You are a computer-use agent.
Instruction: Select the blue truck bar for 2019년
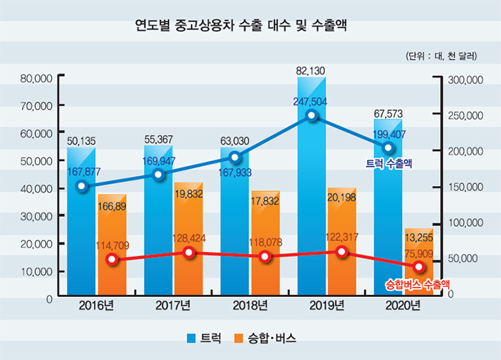[311, 215]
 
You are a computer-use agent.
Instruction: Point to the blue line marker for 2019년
[311, 115]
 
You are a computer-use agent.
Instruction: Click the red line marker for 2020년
[419, 267]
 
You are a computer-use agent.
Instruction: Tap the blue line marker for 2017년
[159, 175]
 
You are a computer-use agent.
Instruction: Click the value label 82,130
[311, 70]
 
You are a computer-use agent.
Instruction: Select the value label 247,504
[310, 102]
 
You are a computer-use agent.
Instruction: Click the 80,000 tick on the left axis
[37, 77]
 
